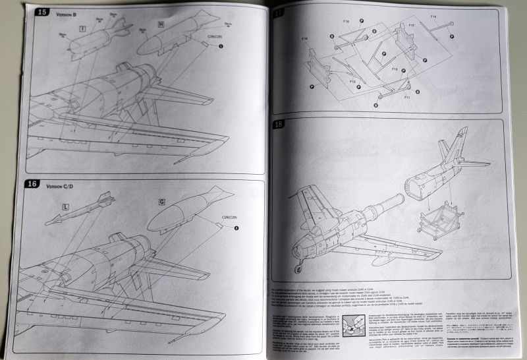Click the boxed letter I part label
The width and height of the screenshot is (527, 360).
[82, 29]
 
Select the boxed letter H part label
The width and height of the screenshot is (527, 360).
[160, 25]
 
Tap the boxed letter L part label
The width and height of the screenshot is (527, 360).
[65, 207]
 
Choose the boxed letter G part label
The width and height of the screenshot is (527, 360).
[161, 200]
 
